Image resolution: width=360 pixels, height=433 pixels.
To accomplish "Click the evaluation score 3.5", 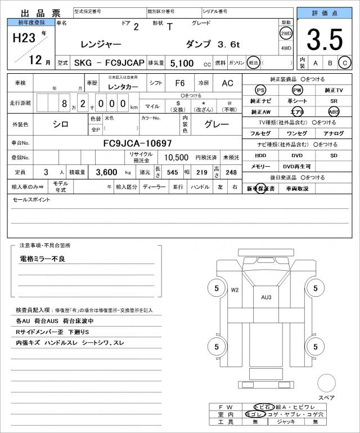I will [325, 40].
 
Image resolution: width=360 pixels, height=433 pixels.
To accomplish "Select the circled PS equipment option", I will [260, 90].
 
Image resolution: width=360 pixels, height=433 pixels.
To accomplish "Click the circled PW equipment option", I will [297, 90].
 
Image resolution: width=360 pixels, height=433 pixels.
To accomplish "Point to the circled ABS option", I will [334, 111].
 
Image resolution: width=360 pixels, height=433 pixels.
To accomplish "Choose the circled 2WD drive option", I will [286, 33].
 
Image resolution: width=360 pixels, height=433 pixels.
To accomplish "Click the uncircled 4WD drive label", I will [286, 48].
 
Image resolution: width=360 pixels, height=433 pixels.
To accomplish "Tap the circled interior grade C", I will [346, 63].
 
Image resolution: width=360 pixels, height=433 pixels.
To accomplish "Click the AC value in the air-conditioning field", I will [227, 83].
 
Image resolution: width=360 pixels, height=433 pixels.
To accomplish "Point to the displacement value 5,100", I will [182, 63].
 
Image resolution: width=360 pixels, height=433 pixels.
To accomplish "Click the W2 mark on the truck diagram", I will [235, 290].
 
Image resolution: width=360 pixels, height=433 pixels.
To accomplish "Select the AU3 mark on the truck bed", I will [266, 297].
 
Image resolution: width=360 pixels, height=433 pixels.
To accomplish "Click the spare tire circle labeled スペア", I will [326, 382].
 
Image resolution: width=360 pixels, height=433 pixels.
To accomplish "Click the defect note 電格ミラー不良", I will [43, 258].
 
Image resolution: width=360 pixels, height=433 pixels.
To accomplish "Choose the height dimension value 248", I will [230, 172].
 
